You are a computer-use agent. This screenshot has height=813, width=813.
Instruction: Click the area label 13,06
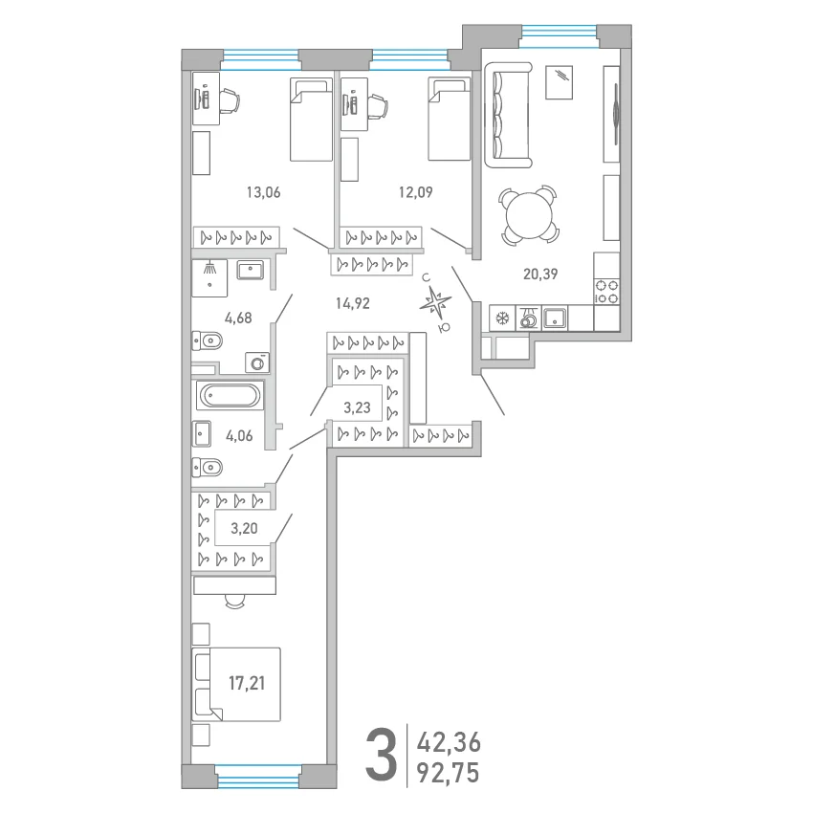263,192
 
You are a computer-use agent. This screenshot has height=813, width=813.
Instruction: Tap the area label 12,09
415,192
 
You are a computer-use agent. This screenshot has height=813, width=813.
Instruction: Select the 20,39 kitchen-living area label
540,274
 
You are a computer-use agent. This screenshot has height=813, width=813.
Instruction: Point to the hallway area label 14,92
353,303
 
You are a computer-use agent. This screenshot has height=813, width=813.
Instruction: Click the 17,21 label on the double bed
247,683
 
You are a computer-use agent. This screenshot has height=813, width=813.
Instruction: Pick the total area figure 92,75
449,773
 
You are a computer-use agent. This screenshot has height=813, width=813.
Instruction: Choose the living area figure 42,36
449,742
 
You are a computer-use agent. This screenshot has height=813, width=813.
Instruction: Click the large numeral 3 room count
382,755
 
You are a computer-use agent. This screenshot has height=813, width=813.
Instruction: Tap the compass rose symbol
435,303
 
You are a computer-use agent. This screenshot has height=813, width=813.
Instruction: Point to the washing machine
257,363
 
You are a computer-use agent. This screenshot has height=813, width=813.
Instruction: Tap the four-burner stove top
606,292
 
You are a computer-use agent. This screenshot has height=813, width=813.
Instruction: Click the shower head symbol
209,268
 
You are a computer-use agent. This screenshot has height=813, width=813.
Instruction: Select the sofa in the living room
509,115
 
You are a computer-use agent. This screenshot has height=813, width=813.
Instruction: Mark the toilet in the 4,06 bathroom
208,468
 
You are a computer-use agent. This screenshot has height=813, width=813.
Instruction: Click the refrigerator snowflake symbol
502,319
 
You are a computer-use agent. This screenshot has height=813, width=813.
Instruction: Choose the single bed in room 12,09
449,119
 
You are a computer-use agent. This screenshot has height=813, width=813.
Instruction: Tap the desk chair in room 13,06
230,100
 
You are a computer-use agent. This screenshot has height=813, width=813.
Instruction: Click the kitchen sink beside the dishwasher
555,318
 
